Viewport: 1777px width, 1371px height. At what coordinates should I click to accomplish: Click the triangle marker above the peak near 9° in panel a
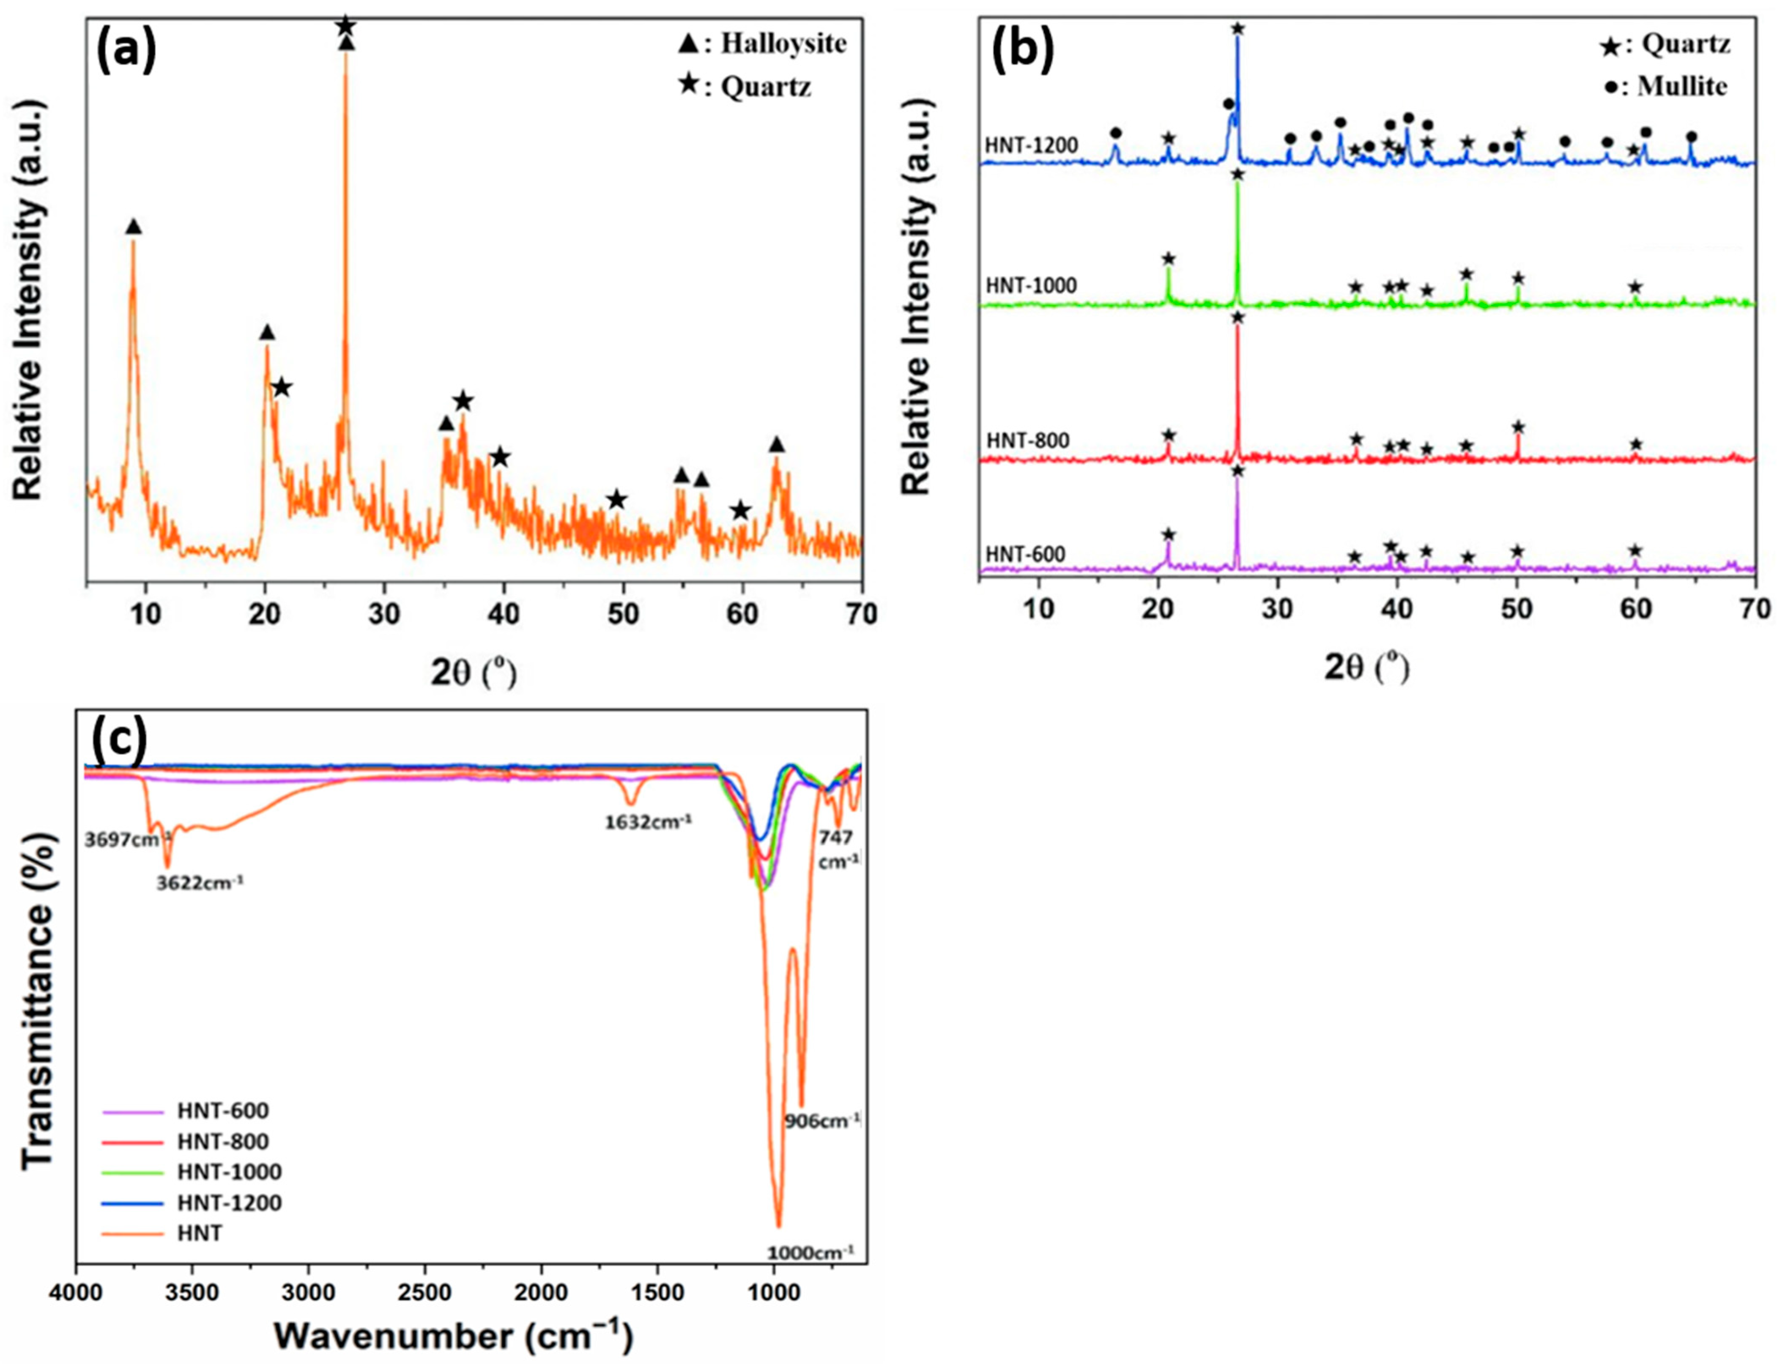pos(134,227)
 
